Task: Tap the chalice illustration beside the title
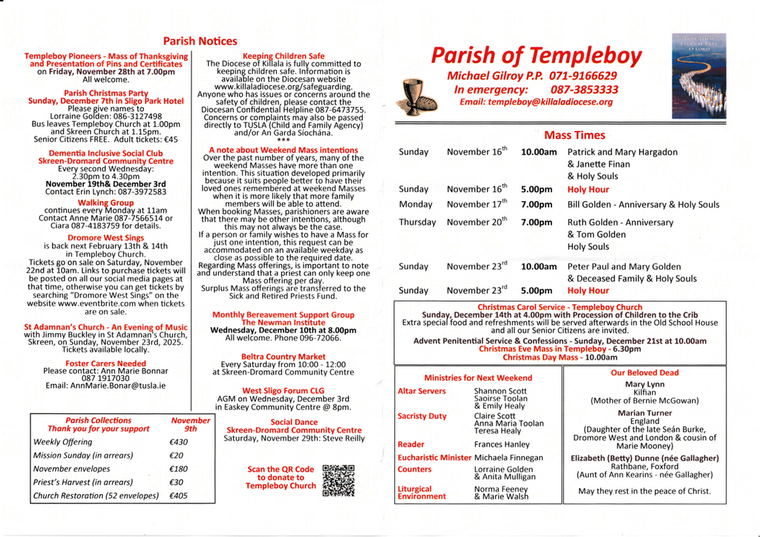click(410, 96)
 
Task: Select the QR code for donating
click(338, 480)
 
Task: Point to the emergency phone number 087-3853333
click(585, 89)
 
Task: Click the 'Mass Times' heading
click(574, 135)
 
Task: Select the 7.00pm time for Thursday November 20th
click(537, 222)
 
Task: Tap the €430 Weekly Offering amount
click(179, 442)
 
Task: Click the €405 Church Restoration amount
click(179, 495)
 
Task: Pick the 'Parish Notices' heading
click(200, 42)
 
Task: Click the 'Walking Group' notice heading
click(106, 202)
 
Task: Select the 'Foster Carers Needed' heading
click(105, 363)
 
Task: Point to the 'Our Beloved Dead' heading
click(644, 373)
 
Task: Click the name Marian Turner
click(644, 413)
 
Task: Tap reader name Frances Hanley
click(502, 444)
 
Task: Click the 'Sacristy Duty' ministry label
click(422, 416)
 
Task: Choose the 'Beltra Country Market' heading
click(283, 357)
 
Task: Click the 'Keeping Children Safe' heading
click(284, 56)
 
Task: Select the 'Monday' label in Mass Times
click(415, 204)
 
